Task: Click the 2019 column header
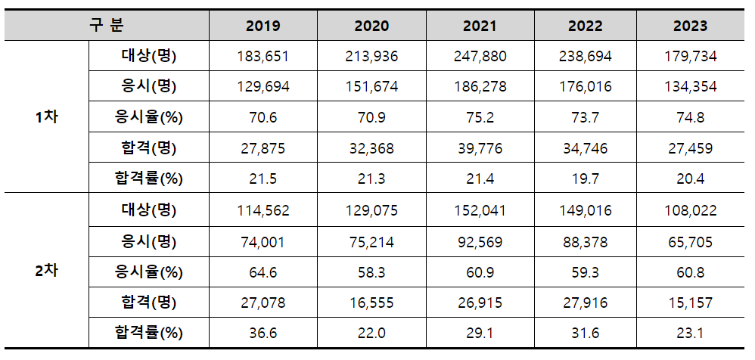263,26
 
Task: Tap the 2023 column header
690,26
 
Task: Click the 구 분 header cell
106,25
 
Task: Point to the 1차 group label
47,117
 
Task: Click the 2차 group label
47,271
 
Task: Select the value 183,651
263,57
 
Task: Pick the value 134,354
690,87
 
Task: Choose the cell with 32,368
371,149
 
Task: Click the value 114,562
263,210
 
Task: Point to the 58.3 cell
371,272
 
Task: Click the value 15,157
690,303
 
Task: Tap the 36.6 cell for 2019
263,333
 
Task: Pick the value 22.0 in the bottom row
371,333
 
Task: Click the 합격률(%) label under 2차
148,333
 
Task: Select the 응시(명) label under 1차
148,87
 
